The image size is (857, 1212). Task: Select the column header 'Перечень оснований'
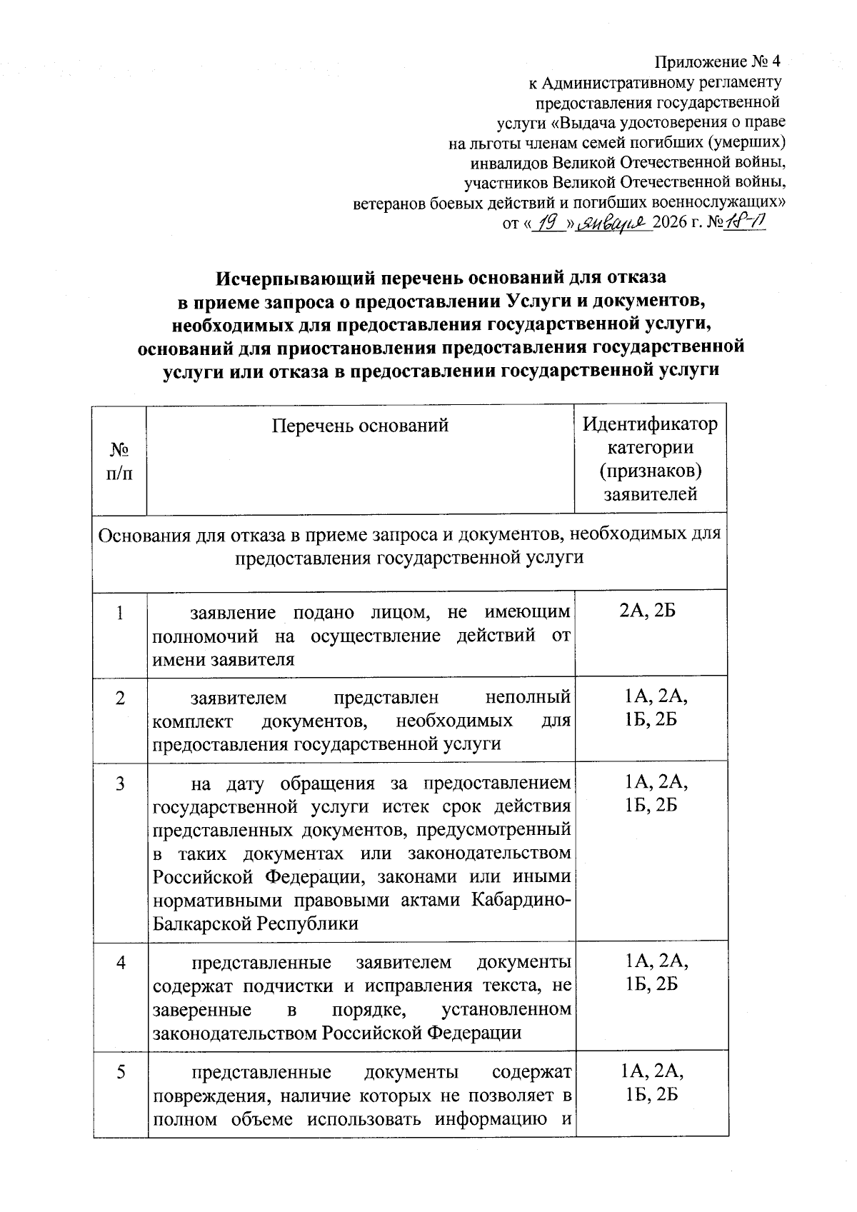[x=360, y=426]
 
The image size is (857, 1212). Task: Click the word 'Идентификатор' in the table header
[x=650, y=424]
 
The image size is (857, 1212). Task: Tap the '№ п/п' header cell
[x=119, y=461]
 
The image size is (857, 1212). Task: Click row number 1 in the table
[x=119, y=613]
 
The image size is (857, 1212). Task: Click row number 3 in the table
[x=119, y=783]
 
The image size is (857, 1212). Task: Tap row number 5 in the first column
[x=119, y=1072]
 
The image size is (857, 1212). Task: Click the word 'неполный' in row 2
[x=528, y=697]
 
